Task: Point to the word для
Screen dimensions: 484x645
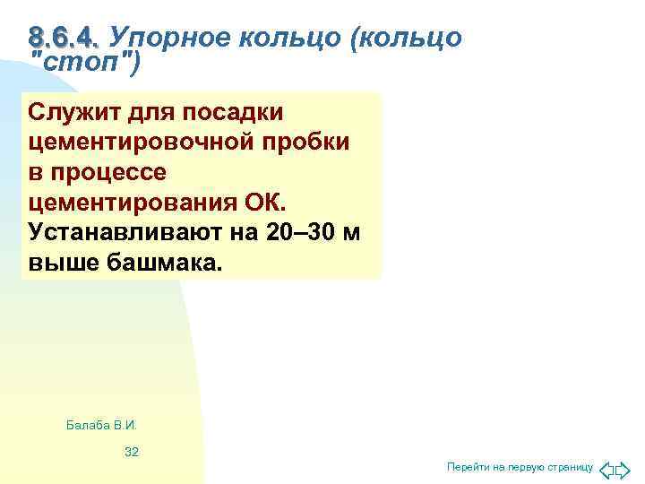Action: (x=154, y=113)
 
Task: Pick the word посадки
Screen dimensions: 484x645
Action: (x=235, y=113)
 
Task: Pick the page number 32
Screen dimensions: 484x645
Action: (x=132, y=452)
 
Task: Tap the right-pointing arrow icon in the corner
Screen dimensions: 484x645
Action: (x=624, y=468)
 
